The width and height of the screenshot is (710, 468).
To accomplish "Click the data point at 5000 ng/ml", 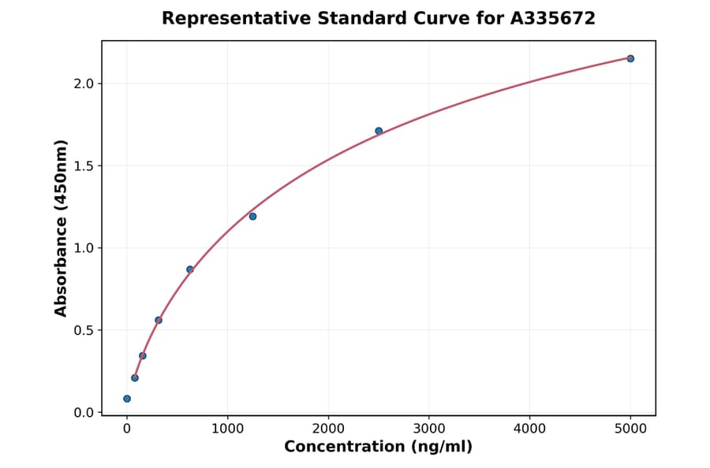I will (x=630, y=58).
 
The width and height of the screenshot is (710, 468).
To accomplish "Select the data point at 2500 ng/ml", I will (x=379, y=131).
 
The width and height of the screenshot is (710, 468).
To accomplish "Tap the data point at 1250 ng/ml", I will (x=252, y=216).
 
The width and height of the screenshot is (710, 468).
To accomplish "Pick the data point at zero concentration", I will (x=127, y=399).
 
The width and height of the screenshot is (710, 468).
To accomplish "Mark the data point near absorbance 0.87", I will (x=190, y=269).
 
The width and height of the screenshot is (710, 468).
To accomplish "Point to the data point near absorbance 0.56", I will (x=159, y=320).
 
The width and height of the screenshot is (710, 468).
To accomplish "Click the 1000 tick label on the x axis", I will (x=227, y=429).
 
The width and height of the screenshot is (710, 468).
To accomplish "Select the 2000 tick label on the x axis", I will (x=328, y=429).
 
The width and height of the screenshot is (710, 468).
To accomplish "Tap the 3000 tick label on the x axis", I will (x=428, y=429).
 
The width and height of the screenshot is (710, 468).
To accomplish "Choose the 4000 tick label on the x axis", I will (x=529, y=429).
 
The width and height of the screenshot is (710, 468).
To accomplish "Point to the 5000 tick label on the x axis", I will (x=630, y=429).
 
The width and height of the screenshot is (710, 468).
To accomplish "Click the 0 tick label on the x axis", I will (x=127, y=429).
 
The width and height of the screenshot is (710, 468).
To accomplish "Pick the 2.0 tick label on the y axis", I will (x=84, y=84).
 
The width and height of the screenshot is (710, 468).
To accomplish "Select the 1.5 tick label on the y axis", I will (x=84, y=165).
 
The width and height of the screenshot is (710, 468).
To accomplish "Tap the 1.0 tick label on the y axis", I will (x=84, y=248).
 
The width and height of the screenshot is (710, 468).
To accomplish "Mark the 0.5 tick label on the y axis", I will (x=84, y=330).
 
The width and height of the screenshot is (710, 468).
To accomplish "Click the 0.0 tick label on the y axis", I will (x=84, y=413).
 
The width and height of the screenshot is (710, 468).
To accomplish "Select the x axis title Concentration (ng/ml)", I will (x=378, y=448).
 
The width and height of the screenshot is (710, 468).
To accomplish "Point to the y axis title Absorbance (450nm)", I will (x=62, y=228).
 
